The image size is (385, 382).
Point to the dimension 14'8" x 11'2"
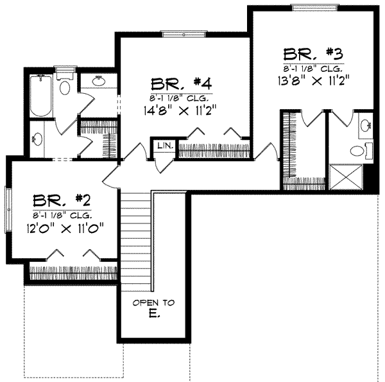tap(182, 110)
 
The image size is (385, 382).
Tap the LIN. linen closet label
tap(164, 146)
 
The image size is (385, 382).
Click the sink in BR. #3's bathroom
tap(366, 126)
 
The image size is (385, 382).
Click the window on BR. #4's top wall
tap(183, 34)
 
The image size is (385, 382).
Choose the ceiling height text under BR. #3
tap(310, 66)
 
